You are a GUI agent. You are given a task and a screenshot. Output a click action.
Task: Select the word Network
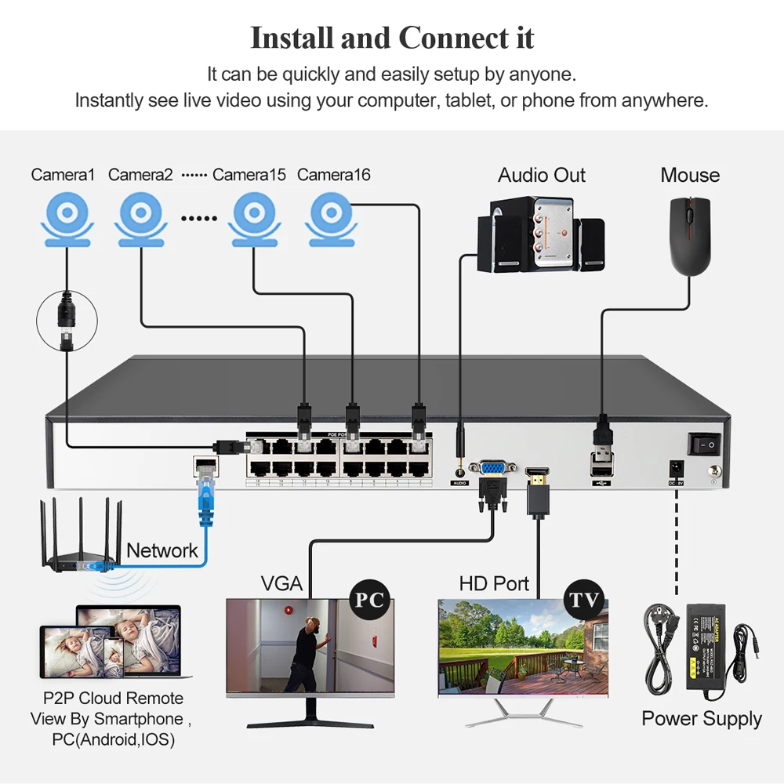[162, 550]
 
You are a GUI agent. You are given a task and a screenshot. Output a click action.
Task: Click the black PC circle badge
[369, 601]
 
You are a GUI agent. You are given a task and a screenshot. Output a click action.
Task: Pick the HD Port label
[494, 583]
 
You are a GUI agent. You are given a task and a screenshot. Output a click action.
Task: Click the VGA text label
[281, 583]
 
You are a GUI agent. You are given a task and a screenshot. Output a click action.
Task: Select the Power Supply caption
[701, 719]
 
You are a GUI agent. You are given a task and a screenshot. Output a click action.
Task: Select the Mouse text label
[690, 175]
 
